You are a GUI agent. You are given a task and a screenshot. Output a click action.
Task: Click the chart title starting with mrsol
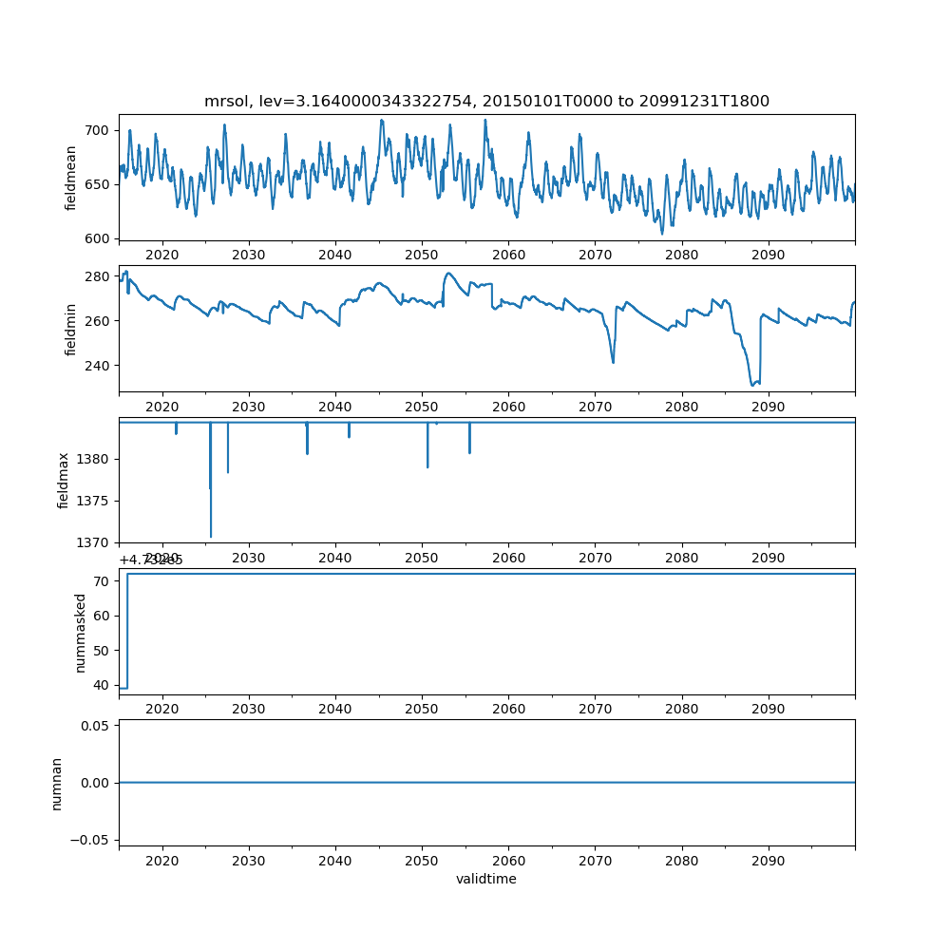[486, 101]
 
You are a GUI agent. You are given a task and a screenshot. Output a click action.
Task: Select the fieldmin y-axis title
[71, 329]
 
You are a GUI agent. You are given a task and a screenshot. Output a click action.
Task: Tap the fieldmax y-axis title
[64, 480]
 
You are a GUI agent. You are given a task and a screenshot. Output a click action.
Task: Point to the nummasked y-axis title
[81, 633]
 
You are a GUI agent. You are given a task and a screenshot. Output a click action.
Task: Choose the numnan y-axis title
[56, 783]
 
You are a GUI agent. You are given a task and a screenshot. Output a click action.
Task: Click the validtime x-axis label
[486, 880]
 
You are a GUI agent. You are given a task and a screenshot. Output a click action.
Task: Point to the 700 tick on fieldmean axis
[98, 130]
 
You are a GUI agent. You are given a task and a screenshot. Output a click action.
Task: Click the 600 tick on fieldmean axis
[98, 238]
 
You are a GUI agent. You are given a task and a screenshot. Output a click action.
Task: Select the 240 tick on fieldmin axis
[98, 366]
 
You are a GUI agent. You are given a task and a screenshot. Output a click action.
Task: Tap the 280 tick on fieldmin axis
[98, 276]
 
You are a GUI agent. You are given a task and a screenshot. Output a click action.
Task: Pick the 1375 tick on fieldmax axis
[94, 501]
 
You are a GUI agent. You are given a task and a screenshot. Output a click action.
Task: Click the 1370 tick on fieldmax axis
[94, 542]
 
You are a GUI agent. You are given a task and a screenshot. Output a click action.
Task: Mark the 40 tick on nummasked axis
[102, 685]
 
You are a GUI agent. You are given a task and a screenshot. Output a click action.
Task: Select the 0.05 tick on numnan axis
[94, 726]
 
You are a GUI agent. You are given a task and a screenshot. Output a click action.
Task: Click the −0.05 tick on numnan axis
[90, 840]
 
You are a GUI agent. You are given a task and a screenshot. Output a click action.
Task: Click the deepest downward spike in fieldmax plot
[211, 536]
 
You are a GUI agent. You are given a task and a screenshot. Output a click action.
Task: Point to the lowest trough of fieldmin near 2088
[752, 385]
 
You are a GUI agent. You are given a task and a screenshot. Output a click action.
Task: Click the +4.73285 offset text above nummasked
[151, 560]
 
